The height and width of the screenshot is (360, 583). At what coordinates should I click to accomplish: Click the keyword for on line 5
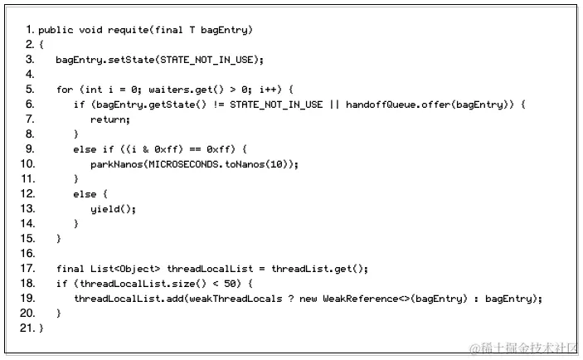point(65,90)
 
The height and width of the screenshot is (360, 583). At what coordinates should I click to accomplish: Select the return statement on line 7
point(110,119)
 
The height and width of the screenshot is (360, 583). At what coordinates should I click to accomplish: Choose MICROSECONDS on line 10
point(185,164)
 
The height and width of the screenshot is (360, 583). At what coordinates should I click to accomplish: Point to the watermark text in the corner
point(522,348)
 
